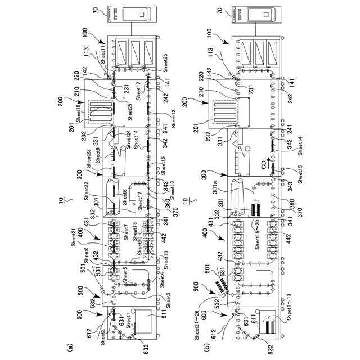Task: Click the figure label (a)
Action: [70, 348]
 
